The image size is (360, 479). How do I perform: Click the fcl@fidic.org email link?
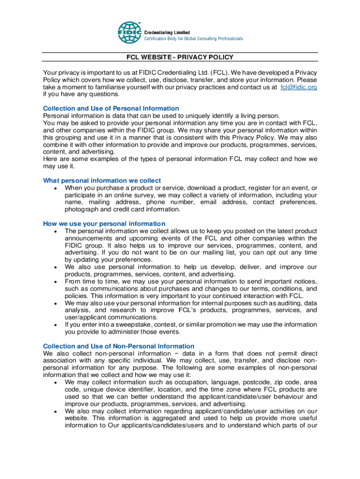(x=298, y=87)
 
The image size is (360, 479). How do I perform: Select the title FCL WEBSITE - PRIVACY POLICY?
(x=180, y=58)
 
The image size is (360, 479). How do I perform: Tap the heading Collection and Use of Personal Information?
(x=111, y=108)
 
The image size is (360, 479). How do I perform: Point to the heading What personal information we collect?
(x=102, y=180)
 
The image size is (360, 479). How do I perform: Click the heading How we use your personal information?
(x=104, y=224)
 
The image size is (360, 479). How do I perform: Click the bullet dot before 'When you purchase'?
(x=56, y=188)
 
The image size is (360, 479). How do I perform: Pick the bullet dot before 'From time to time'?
(x=56, y=282)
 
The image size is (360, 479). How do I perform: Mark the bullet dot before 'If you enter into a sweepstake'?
(x=56, y=325)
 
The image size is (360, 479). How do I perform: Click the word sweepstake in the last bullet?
(x=131, y=325)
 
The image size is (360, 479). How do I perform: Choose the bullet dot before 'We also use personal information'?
(x=56, y=267)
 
